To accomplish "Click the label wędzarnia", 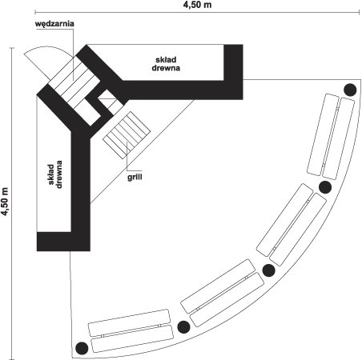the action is click(x=54, y=24).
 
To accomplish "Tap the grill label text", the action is click(x=135, y=178).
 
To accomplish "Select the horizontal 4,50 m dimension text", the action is click(x=197, y=5).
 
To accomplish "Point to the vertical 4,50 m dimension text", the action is click(x=5, y=202).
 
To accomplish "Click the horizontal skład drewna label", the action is click(x=166, y=64).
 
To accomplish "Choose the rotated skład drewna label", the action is click(x=55, y=174).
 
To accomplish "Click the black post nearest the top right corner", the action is click(x=350, y=90).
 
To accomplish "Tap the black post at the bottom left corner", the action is click(x=82, y=348).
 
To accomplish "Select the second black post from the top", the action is click(x=325, y=187).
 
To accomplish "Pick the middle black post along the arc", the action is click(x=269, y=270).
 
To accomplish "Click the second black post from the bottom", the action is click(x=183, y=327).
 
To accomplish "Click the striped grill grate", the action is click(x=127, y=135).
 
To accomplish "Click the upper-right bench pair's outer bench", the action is click(x=339, y=138).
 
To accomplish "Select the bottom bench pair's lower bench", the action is click(x=132, y=338).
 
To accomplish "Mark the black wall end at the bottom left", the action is click(x=63, y=242).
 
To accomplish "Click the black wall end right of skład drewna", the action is click(x=233, y=72).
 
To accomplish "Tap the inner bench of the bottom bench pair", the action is click(x=129, y=322).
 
